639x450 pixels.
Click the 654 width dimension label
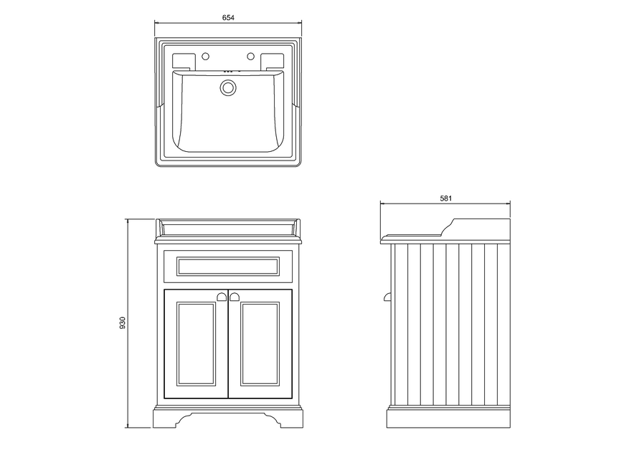coord(228,17)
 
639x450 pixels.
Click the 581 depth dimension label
coord(446,198)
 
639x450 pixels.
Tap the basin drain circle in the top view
coord(228,88)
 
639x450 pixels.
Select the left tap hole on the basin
coord(206,56)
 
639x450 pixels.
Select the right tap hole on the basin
coord(250,56)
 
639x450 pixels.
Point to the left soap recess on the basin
coord(184,61)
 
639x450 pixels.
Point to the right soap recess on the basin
coord(273,61)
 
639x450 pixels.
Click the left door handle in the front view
coord(222,297)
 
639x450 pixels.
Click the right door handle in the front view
coord(235,297)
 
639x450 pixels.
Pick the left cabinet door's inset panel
coord(196,344)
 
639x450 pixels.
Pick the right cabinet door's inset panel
coord(260,344)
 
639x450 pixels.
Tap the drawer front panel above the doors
coord(228,267)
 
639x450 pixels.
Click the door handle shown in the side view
coord(387,297)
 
